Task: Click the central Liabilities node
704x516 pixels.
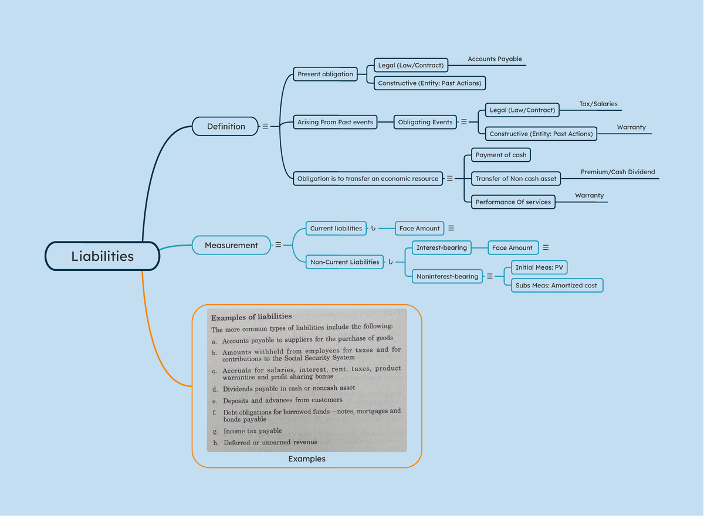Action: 103,256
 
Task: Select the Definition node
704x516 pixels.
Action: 225,126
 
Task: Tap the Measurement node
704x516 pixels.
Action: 231,245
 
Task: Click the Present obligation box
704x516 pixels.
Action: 325,74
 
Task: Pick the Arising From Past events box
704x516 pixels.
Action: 335,122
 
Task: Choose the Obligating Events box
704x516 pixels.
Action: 425,122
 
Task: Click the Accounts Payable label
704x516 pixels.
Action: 495,59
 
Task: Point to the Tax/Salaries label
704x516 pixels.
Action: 598,104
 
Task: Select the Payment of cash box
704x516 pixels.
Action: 501,155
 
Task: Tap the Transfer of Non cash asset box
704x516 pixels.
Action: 516,179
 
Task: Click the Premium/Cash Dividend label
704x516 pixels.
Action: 618,172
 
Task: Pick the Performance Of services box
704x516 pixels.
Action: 513,202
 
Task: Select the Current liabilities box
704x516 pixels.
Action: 336,228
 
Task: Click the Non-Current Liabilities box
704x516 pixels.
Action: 345,262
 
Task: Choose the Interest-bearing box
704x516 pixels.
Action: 442,247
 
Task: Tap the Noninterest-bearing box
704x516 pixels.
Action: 447,276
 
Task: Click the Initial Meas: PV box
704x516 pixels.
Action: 539,267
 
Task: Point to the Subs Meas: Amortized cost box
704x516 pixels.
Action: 556,286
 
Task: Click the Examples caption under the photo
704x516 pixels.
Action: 307,459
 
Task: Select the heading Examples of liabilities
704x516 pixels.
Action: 252,317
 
